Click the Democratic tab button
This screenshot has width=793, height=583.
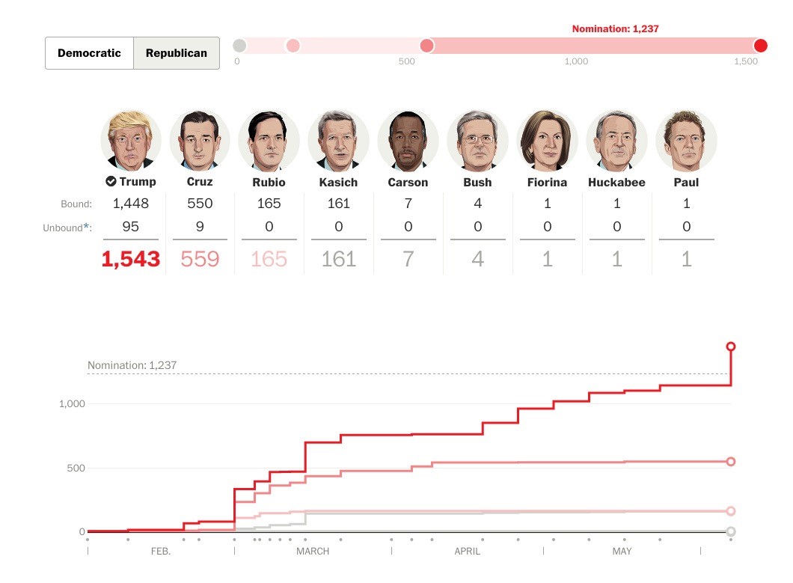pyautogui.click(x=89, y=53)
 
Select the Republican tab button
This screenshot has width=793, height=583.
pyautogui.click(x=177, y=53)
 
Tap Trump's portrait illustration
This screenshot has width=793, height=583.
pyautogui.click(x=131, y=141)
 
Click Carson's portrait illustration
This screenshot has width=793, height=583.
pyautogui.click(x=408, y=141)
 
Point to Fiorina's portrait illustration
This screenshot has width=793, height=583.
pyautogui.click(x=547, y=141)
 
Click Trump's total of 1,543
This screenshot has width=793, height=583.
pyautogui.click(x=131, y=259)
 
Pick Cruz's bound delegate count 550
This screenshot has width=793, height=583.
pyautogui.click(x=200, y=204)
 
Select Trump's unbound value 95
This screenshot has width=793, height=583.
pyautogui.click(x=131, y=227)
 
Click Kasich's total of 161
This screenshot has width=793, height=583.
pyautogui.click(x=338, y=259)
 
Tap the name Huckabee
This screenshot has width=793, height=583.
pyautogui.click(x=616, y=182)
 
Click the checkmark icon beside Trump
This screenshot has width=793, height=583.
pyautogui.click(x=111, y=181)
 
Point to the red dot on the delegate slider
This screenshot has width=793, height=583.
pyautogui.click(x=761, y=46)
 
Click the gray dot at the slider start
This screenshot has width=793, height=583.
pyautogui.click(x=239, y=46)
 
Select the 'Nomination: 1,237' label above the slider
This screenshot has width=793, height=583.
pyautogui.click(x=615, y=29)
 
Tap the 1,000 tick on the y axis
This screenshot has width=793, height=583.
pyautogui.click(x=73, y=404)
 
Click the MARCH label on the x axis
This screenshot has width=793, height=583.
pyautogui.click(x=313, y=552)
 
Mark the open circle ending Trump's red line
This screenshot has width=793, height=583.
pyautogui.click(x=731, y=347)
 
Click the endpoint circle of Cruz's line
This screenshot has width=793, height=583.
pyautogui.click(x=731, y=462)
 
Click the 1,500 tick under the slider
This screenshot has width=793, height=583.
pyautogui.click(x=747, y=61)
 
